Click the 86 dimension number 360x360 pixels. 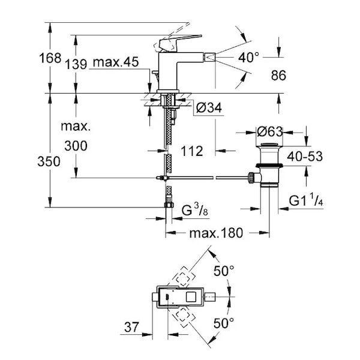pos(279,76)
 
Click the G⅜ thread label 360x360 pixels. pos(194,211)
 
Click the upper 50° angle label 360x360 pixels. pos(224,271)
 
